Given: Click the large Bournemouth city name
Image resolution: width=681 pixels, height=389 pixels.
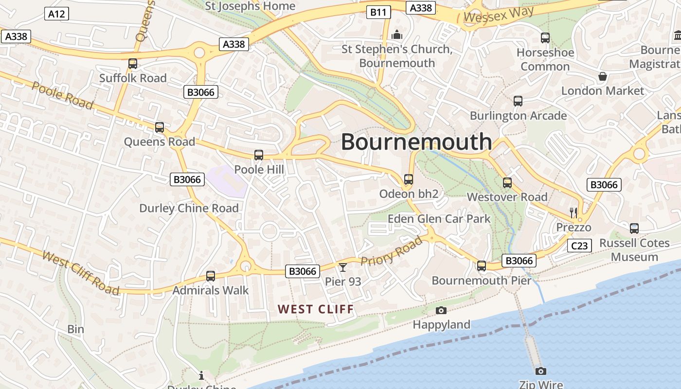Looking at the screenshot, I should coord(416,141).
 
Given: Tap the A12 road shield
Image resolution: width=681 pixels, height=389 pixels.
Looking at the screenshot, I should coord(56,14).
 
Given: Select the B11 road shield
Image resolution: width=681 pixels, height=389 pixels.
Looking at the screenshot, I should coord(378,12).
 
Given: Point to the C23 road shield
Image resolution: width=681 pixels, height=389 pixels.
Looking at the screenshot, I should coord(579,246).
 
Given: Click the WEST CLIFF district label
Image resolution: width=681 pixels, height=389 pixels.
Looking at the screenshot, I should coord(316,309).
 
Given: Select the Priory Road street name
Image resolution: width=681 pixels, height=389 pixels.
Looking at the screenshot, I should coord(392,252).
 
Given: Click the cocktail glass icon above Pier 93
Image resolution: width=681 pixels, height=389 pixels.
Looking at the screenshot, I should coord(343,267).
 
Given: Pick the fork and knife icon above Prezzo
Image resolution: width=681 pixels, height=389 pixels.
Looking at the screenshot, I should coord(573,212).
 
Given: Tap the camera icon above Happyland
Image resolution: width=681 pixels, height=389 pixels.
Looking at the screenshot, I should coord(441,310).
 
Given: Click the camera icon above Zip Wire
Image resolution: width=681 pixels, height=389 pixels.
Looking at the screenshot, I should coord(540,371).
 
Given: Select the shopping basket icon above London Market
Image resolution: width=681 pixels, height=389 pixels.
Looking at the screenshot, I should coord(602,76).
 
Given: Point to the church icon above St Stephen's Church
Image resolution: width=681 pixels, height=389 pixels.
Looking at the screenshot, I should coord(397,35).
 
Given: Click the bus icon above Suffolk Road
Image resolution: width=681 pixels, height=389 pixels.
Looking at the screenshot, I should coord(132,64).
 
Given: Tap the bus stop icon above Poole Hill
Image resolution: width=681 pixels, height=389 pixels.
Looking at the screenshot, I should coord(259,155).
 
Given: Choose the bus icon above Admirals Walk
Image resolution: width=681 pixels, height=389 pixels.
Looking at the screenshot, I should coord(211,276).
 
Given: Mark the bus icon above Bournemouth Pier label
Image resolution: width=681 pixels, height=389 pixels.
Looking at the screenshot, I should coord(482,266).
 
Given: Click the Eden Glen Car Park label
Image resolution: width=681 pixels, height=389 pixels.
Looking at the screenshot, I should coord(439,219).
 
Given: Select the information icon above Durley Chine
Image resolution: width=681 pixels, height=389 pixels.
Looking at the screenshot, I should coord(201,375).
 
